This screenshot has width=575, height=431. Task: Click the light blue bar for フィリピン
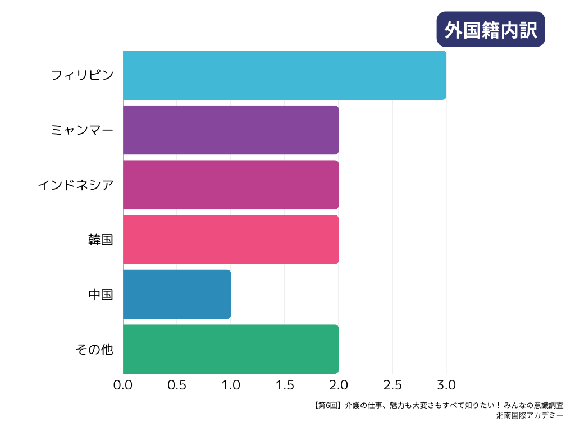pos(284,75)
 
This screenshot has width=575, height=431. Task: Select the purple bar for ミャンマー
pos(230,130)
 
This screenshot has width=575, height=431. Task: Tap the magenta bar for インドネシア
pos(230,185)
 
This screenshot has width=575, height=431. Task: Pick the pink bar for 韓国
pos(230,239)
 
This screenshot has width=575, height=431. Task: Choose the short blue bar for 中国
pos(176,294)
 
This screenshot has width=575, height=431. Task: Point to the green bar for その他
pos(230,349)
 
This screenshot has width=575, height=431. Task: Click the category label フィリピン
pos(82,75)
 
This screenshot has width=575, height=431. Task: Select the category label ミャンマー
pos(82,130)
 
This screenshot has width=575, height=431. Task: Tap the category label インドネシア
pos(75,185)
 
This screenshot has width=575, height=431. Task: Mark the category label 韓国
pos(101,240)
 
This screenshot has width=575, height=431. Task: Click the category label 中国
pos(101,294)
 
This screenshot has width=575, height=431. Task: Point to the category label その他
pos(94,349)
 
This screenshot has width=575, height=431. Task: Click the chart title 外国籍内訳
pos(491,29)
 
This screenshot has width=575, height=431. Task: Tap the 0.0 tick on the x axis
pos(123,386)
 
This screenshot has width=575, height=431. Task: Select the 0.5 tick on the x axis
pos(177,386)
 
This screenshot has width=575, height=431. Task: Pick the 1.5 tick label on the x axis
pos(285,386)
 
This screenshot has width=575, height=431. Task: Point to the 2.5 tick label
pos(393,386)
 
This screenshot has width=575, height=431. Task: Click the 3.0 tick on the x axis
pos(446,386)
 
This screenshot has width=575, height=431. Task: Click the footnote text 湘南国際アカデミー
pos(530,416)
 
